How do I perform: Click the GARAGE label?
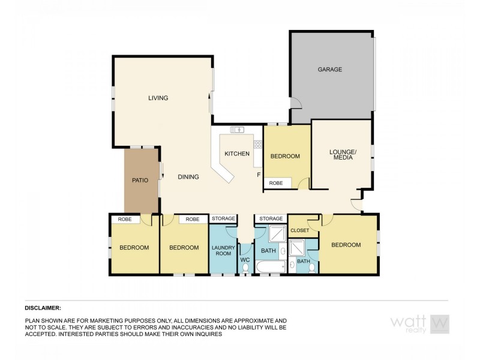pyautogui.click(x=329, y=70)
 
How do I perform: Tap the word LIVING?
pyautogui.click(x=158, y=98)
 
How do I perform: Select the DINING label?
pyautogui.click(x=188, y=177)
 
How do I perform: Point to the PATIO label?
pyautogui.click(x=140, y=180)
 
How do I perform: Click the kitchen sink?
pyautogui.click(x=237, y=130)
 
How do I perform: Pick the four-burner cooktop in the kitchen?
pyautogui.click(x=258, y=144)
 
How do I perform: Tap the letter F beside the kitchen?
pyautogui.click(x=259, y=175)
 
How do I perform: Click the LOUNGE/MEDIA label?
pyautogui.click(x=343, y=154)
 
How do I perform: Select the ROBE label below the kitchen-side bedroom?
pyautogui.click(x=276, y=183)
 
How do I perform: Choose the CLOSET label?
pyautogui.click(x=299, y=230)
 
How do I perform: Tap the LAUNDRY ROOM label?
pyautogui.click(x=223, y=250)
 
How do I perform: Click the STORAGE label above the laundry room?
pyautogui.click(x=223, y=219)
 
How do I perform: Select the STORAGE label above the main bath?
pyautogui.click(x=271, y=219)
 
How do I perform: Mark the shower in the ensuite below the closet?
pyautogui.click(x=297, y=248)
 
